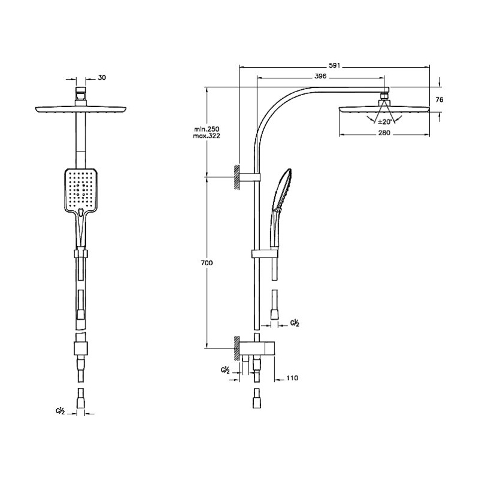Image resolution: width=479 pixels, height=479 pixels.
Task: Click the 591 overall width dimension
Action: coord(334,65)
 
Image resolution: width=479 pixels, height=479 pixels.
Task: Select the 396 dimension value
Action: coord(320,77)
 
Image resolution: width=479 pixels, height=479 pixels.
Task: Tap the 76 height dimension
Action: coord(439,100)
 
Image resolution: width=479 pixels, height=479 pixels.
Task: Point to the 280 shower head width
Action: coord(384,133)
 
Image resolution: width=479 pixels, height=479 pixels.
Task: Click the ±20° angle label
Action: coord(384,122)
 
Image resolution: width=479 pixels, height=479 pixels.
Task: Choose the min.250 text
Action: coord(207,129)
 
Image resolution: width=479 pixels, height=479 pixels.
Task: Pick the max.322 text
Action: coord(207,136)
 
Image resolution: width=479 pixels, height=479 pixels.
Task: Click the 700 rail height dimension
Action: coord(207,263)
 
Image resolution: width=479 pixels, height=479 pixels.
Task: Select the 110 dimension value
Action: coord(292,378)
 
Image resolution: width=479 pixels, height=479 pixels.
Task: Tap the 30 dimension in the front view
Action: coord(102,78)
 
